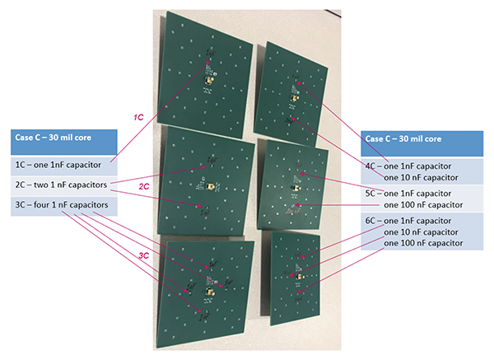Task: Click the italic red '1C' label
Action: (139, 119)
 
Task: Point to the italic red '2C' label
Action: (143, 188)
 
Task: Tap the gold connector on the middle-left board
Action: (212, 188)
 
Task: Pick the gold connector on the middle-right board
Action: (296, 189)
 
